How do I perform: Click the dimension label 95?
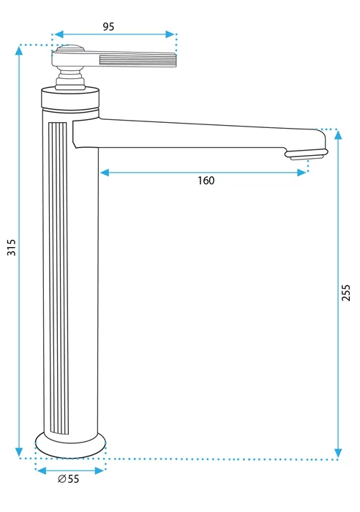tap(108, 26)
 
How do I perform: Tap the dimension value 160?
tap(206, 180)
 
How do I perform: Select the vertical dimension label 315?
tap(12, 247)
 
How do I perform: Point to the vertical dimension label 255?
tap(345, 293)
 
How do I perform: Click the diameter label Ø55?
tap(69, 478)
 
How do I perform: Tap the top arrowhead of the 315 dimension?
tap(19, 50)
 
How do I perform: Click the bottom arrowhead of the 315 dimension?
tap(19, 452)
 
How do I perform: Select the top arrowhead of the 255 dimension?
tap(338, 134)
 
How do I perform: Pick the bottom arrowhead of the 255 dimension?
tap(338, 453)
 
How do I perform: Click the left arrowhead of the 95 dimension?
tap(59, 34)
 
